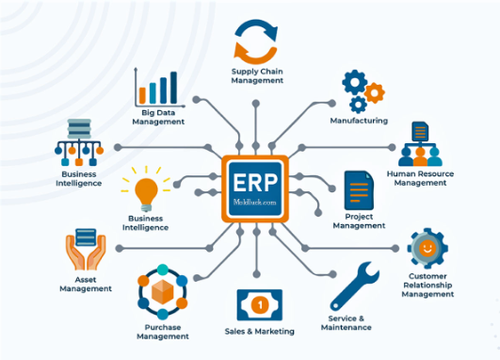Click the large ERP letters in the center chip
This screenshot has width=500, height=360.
[255, 183]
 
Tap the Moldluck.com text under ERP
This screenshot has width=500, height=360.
[255, 202]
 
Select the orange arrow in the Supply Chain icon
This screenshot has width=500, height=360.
[252, 54]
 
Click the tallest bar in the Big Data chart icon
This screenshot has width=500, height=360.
[173, 88]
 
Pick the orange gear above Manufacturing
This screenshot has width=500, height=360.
[375, 93]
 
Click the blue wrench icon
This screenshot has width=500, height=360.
[354, 286]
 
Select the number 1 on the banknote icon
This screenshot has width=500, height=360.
[260, 304]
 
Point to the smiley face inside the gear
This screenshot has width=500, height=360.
[427, 248]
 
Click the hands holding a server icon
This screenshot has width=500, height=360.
[86, 249]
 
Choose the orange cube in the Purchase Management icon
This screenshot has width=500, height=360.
[162, 292]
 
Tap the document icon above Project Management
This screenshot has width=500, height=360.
[359, 190]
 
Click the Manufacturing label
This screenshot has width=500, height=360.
[359, 121]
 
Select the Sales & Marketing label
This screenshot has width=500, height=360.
[259, 332]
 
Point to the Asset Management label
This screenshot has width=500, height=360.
[86, 284]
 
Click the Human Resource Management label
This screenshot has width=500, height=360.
[420, 178]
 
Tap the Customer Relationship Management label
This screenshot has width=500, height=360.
[427, 285]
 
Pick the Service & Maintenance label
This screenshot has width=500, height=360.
[346, 322]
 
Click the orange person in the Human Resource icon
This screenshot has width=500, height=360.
[420, 156]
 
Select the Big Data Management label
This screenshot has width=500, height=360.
[158, 117]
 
